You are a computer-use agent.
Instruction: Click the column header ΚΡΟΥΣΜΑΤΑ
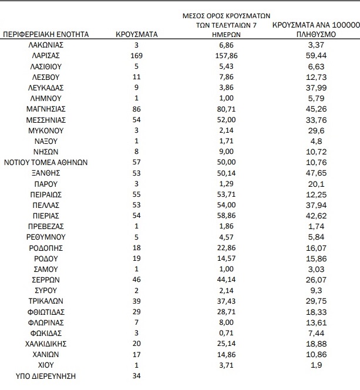(x=136, y=34)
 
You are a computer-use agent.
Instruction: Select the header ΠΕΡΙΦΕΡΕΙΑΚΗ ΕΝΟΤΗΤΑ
(x=46, y=34)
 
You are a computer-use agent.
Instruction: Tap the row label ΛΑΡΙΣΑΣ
(x=46, y=56)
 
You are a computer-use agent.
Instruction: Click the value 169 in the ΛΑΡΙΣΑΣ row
(x=136, y=56)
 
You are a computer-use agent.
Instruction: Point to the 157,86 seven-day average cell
(x=227, y=56)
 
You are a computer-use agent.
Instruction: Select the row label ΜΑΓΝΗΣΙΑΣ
(x=46, y=109)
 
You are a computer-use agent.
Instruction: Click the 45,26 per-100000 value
(x=316, y=109)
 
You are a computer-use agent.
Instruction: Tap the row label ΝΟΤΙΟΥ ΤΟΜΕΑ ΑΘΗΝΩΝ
(x=46, y=163)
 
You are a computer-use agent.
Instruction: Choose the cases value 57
(x=136, y=163)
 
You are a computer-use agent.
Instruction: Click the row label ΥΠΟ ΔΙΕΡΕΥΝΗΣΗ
(x=46, y=376)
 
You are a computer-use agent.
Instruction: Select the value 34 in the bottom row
(x=136, y=376)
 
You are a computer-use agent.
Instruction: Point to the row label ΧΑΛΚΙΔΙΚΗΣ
(x=46, y=344)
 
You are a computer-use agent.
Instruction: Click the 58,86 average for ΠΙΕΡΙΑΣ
(x=227, y=216)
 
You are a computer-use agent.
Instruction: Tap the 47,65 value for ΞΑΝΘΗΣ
(x=316, y=173)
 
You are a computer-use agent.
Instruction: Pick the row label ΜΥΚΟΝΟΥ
(x=46, y=130)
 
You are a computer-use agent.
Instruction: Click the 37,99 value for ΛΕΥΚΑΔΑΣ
(x=316, y=88)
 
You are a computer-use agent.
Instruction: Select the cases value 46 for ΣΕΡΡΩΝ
(x=136, y=280)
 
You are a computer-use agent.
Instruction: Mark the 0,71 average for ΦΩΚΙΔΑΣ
(x=227, y=333)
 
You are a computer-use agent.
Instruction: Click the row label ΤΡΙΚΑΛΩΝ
(x=46, y=301)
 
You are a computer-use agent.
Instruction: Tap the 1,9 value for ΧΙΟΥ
(x=316, y=365)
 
